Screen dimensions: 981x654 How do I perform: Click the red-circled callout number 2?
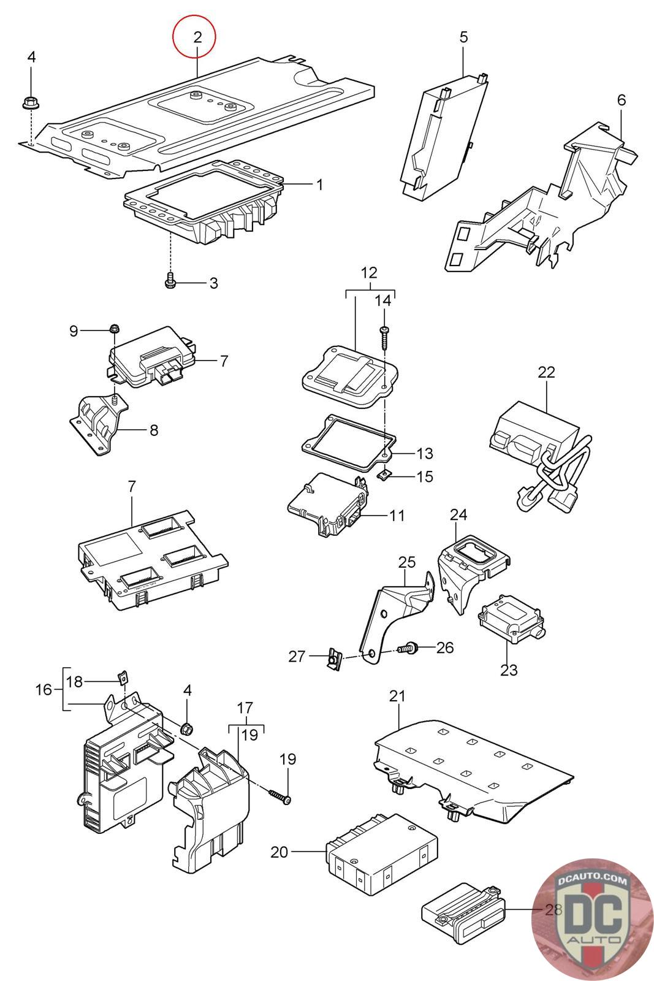point(197,37)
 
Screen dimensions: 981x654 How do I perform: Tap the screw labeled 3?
point(171,281)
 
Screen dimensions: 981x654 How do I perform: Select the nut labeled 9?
point(113,329)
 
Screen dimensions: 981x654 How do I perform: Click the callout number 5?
point(463,37)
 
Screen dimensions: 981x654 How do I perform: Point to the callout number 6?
point(622,99)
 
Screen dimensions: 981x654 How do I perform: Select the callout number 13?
point(424,454)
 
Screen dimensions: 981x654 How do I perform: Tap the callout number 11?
point(397,515)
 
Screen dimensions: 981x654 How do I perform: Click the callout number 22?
point(546,372)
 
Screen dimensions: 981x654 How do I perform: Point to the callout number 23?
point(509,670)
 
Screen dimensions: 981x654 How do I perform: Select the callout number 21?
point(398,696)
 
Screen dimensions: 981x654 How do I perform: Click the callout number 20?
point(279,852)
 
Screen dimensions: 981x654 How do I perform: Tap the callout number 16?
point(44,689)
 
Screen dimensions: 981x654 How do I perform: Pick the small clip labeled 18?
point(122,678)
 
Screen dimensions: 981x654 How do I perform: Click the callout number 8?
point(153,430)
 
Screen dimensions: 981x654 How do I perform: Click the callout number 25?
point(407,562)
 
